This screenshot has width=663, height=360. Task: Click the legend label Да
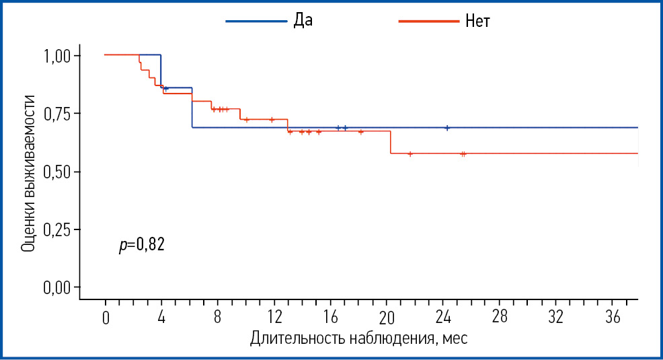[303, 20]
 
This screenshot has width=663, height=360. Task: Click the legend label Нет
[477, 21]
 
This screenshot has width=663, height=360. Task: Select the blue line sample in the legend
[255, 21]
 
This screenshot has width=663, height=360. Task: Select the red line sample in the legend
[427, 21]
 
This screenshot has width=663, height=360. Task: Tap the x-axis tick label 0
[105, 318]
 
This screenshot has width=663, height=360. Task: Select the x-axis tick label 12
[274, 318]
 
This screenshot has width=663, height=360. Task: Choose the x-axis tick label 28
[499, 317]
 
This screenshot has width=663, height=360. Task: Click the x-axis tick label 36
[611, 317]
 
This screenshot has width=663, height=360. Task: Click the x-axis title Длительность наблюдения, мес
[358, 338]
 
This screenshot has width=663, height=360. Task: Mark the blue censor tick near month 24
[446, 127]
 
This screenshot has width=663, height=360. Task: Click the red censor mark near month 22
[410, 153]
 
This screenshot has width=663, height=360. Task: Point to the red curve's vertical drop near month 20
[391, 142]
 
